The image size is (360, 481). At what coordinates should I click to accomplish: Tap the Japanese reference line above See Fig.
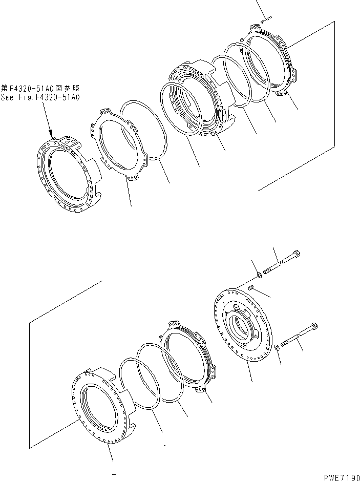(x=40, y=88)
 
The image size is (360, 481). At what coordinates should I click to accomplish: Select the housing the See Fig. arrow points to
(x=68, y=174)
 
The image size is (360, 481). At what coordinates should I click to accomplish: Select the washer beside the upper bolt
(x=259, y=277)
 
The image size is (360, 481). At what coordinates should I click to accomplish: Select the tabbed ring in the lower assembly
(x=189, y=359)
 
